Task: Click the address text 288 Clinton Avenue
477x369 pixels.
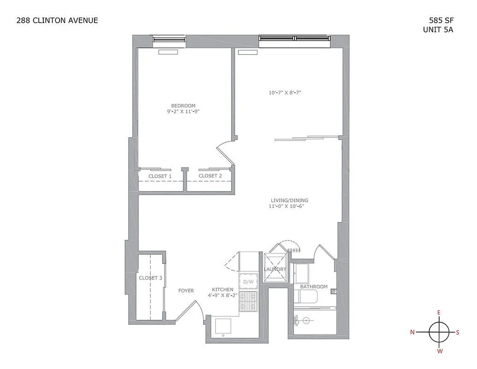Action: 57,20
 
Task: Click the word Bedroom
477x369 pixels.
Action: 183,106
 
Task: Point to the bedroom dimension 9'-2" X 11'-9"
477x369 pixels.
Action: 183,112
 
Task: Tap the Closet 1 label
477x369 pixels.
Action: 160,176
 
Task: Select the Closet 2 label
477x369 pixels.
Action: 210,176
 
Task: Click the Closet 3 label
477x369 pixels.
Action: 150,278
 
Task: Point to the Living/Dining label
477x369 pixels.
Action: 289,201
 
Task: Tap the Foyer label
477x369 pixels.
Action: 186,291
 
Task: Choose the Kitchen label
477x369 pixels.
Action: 223,290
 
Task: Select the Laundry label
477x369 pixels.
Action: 275,269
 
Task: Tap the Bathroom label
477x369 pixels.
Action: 314,287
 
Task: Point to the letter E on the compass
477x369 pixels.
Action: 439,313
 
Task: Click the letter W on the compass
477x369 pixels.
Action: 440,351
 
